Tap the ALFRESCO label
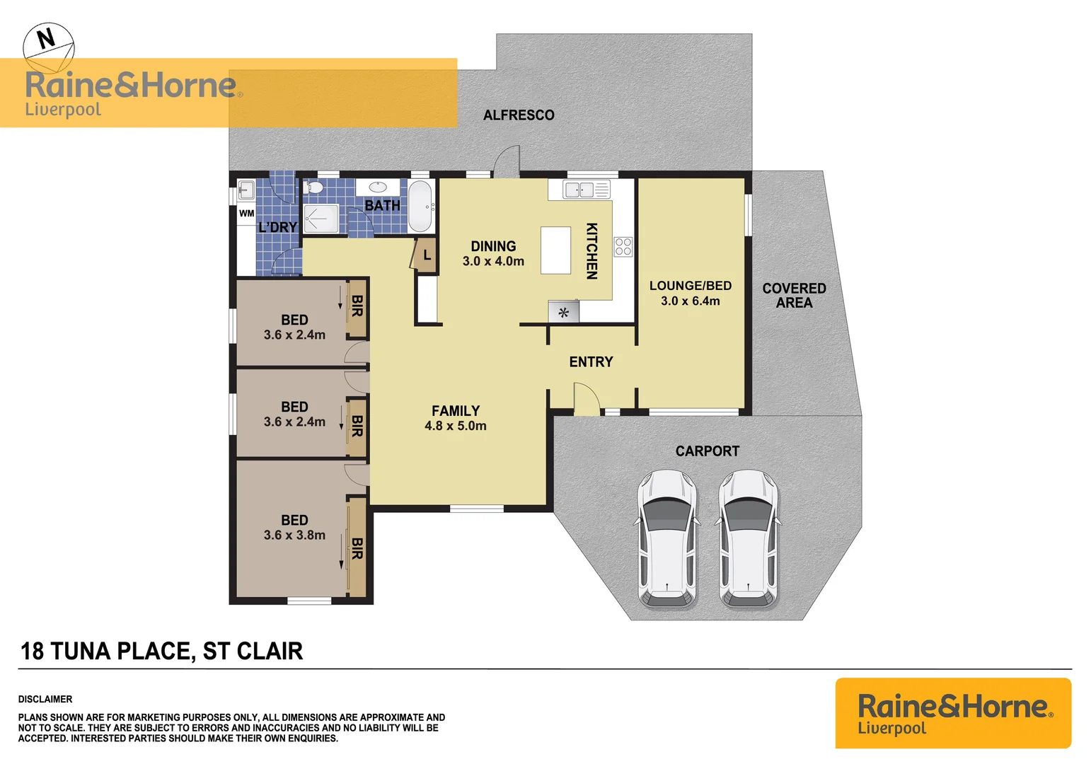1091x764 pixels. pos(519,115)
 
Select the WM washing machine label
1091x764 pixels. pos(246,213)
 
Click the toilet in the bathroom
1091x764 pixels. pos(314,188)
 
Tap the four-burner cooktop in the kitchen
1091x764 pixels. pos(623,247)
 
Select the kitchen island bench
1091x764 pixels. pos(555,250)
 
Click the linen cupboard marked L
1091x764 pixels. pos(426,255)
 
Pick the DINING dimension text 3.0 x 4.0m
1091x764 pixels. pos(493,261)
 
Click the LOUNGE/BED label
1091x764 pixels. pos(691,286)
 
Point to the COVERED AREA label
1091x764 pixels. pos(794,295)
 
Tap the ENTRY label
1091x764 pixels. pos(591,362)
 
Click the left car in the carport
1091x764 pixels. pos(667,539)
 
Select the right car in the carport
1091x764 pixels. pos(749,539)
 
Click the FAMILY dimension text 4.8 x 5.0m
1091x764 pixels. pos(455,426)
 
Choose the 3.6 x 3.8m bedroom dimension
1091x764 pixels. pos(294,536)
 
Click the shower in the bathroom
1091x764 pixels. pos(321,219)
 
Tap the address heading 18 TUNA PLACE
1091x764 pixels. pos(161,651)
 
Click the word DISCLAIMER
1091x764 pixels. pos(45,699)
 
